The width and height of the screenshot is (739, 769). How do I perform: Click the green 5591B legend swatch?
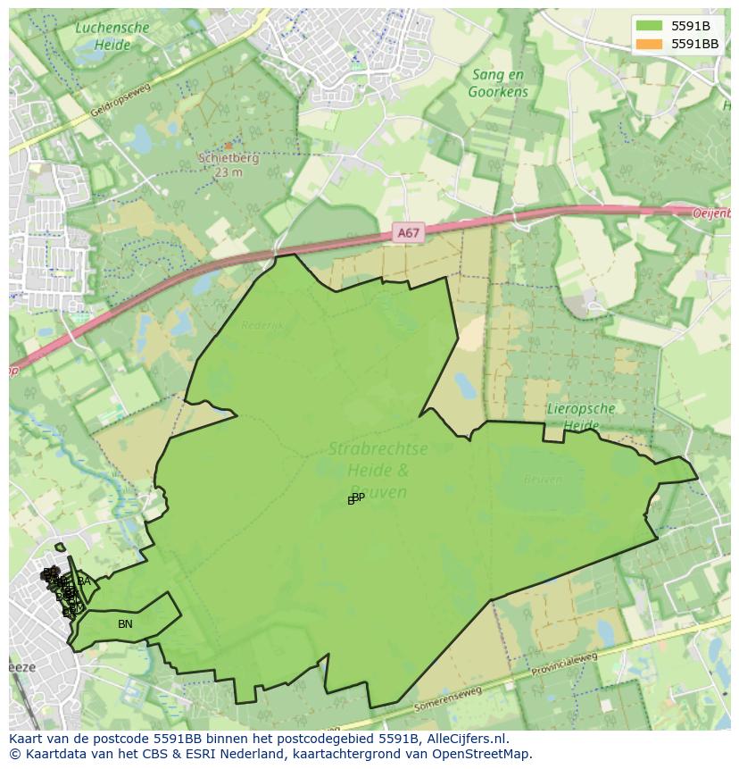[649, 26]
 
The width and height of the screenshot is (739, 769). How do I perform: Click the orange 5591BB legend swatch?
[649, 44]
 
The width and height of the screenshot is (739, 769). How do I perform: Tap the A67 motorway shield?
[408, 233]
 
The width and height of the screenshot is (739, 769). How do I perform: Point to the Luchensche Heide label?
[112, 35]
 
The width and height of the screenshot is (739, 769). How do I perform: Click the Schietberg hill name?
[228, 159]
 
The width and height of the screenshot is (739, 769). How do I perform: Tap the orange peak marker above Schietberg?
[228, 145]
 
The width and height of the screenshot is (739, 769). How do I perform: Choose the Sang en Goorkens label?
[499, 84]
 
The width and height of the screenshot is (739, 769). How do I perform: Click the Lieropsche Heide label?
[581, 417]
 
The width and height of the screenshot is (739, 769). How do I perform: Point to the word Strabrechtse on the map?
[378, 449]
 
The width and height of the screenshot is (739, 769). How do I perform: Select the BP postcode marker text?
[358, 497]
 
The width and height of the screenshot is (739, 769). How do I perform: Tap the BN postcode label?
[125, 624]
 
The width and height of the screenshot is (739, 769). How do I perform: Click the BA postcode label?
[84, 582]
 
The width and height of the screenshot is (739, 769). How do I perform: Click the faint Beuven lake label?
[543, 480]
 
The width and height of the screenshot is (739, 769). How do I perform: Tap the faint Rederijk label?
[262, 326]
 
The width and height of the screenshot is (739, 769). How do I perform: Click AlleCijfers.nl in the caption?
[467, 740]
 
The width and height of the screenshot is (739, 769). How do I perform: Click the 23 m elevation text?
[228, 172]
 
